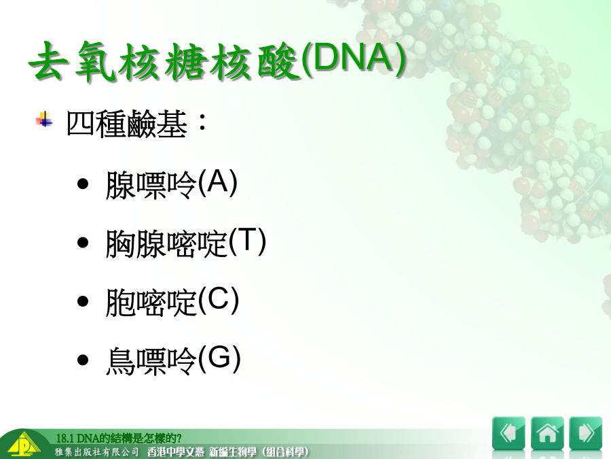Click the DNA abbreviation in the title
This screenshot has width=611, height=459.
coord(354,58)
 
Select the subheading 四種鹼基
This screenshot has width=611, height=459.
coord(127,124)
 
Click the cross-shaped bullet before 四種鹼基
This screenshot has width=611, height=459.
coord(44,120)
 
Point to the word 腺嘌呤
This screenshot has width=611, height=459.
coord(151,185)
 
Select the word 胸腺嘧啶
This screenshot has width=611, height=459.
coord(166,243)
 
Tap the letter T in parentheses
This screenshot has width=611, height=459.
coord(247,241)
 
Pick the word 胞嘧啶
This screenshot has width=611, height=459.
coord(151,302)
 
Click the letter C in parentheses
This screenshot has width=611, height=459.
coord(219,299)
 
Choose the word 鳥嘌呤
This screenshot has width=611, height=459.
coord(151,360)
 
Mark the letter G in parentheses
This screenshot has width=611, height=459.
coord(219,358)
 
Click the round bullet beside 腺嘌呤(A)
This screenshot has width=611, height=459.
coord(83,184)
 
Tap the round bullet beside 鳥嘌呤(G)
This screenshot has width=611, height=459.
coord(83,360)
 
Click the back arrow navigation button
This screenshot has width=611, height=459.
coord(508,433)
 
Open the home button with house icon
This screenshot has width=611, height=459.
coord(547,433)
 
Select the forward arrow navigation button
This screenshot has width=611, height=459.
coord(586,433)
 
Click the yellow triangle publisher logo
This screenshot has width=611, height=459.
coord(24,445)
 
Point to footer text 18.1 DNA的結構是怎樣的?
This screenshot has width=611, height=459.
coord(118,439)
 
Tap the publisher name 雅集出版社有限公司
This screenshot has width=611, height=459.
coord(96,452)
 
